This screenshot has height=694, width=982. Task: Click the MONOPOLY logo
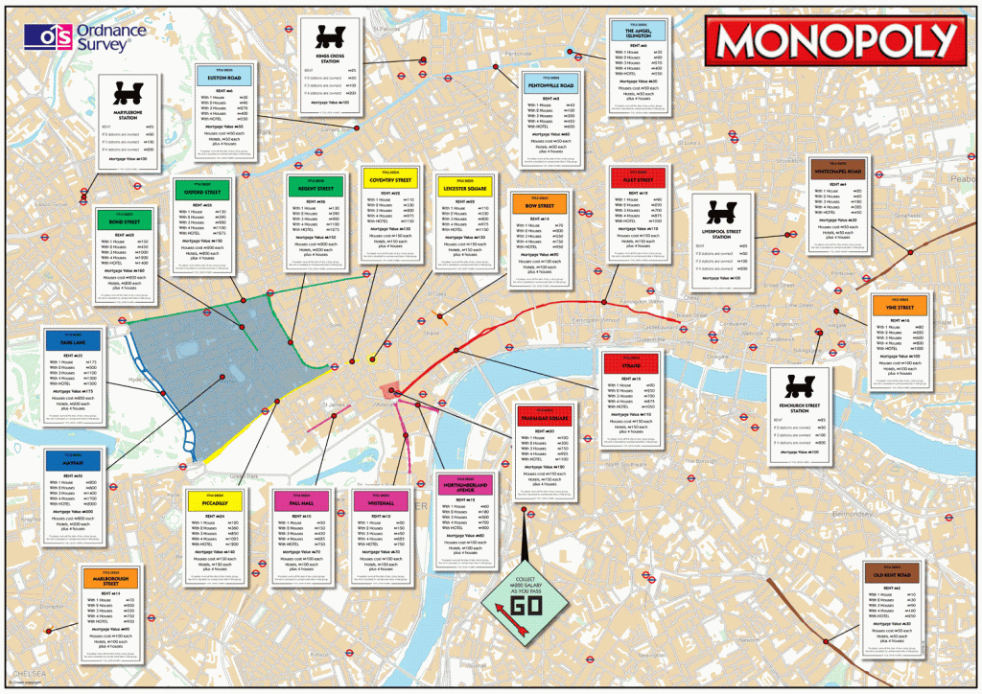pyautogui.click(x=832, y=42)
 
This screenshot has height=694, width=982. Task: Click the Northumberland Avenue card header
pyautogui.click(x=468, y=485)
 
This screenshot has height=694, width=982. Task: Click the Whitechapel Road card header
pyautogui.click(x=839, y=170)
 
